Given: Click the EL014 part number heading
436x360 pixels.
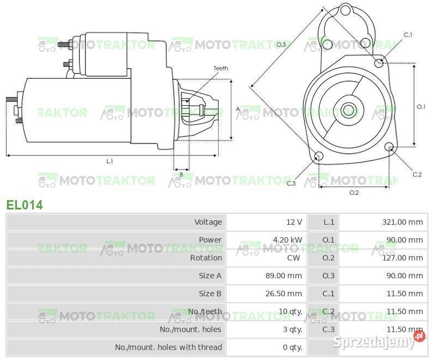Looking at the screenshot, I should click(25, 205).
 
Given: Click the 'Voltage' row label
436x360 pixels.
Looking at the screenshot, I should click(208, 222).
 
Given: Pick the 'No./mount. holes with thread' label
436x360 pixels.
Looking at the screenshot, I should click(168, 347).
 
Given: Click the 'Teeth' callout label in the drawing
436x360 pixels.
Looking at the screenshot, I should click(220, 68).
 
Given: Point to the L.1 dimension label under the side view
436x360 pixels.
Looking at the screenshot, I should click(109, 161).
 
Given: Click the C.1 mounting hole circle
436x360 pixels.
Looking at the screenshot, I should click(379, 63).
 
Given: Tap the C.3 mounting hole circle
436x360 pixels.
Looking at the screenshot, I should click(319, 157).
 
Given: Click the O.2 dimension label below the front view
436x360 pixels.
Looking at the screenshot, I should click(354, 193).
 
